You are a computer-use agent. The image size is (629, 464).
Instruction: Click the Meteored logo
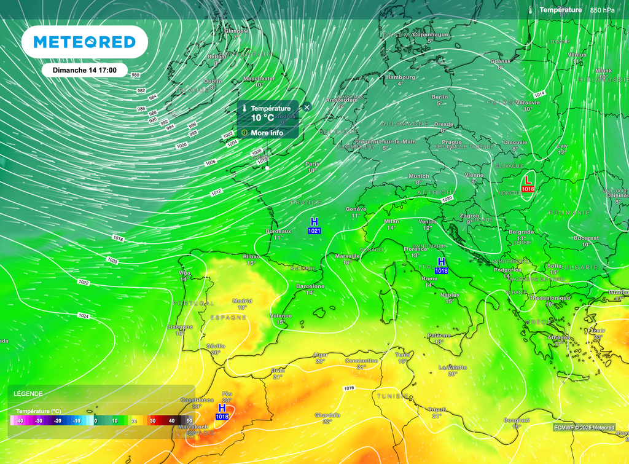84,42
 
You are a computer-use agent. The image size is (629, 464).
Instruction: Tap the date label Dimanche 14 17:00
85,70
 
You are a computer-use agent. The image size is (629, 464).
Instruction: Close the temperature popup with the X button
307,107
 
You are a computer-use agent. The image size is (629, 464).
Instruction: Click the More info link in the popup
267,133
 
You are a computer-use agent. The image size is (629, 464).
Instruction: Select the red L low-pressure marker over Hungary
528,179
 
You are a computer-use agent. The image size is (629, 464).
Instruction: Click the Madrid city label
241,301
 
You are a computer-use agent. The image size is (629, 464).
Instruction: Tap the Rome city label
429,278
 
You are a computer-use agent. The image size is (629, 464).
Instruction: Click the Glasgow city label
236,31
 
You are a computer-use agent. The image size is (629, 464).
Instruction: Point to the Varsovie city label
528,102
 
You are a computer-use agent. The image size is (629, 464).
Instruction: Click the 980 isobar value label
136,75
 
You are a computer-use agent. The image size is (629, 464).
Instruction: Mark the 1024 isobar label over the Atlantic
83,316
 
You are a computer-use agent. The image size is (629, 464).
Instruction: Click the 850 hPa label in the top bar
602,10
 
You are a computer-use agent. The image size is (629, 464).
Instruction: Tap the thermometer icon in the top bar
529,10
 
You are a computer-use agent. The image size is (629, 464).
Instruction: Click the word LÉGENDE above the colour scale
29,393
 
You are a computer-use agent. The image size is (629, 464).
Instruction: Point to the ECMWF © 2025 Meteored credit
584,427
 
